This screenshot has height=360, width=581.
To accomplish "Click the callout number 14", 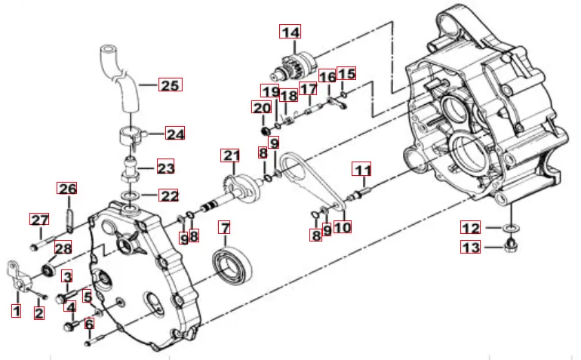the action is [290, 32].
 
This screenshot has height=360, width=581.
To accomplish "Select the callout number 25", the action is [171, 85].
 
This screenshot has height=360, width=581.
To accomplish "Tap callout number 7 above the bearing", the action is [225, 228].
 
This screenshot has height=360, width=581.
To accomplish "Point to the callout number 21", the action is [230, 155].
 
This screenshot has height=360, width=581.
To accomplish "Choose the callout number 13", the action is [471, 247].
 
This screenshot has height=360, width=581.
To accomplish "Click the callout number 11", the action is [361, 169].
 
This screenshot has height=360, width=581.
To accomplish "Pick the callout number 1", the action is [16, 311].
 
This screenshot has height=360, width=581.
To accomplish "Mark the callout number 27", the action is [40, 220].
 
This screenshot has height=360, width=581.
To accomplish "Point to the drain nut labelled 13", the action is [511, 245].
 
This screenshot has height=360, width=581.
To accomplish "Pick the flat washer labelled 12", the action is [511, 227].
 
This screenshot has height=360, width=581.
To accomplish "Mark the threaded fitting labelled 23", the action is [130, 169].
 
